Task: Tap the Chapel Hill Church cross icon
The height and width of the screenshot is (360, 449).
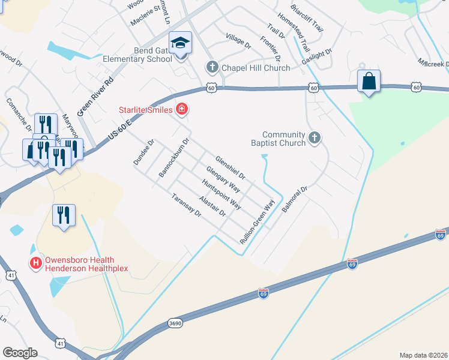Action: click(211, 67)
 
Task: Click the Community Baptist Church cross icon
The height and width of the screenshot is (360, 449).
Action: click(314, 139)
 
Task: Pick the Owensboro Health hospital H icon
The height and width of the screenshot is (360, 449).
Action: click(35, 263)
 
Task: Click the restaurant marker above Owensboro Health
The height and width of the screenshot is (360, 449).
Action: click(64, 215)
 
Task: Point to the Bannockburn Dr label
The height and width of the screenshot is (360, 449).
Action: click(173, 158)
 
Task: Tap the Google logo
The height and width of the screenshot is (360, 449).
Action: click(20, 353)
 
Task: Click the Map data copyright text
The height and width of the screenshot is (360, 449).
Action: click(423, 355)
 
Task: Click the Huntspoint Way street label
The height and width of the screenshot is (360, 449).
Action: click(221, 194)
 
